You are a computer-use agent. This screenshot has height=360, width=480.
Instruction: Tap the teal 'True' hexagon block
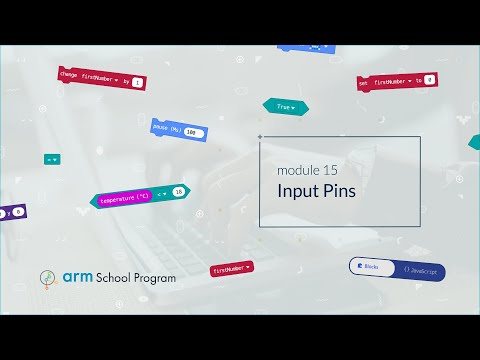point(284,106)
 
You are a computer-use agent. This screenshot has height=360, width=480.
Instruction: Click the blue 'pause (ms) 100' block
point(178,130)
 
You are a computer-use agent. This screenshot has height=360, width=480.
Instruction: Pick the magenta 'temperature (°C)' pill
point(125,199)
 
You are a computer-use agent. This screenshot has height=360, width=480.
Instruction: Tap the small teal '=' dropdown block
point(52,159)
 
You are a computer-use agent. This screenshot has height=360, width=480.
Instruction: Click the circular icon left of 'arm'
point(46,278)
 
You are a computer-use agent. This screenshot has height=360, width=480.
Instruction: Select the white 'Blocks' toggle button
point(369,268)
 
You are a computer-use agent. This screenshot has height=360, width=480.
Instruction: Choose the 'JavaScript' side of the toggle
point(421,271)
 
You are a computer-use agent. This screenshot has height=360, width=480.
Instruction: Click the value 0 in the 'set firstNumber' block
point(428,79)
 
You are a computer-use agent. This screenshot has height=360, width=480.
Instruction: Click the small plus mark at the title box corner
point(260,137)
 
